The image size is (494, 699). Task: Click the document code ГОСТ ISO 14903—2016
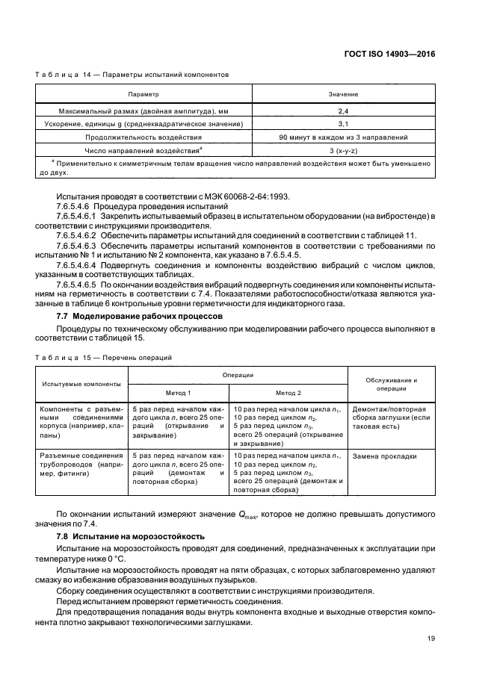[x=391, y=55]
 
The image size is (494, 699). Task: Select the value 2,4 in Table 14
[x=343, y=110]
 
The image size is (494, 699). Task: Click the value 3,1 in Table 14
[x=343, y=123]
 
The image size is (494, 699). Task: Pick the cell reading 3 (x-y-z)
[x=343, y=152]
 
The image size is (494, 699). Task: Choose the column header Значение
[x=343, y=95]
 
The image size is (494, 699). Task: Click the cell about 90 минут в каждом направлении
[x=343, y=137]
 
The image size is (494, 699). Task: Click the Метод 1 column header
[x=179, y=392]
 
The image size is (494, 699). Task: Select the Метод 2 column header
[x=288, y=392]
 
